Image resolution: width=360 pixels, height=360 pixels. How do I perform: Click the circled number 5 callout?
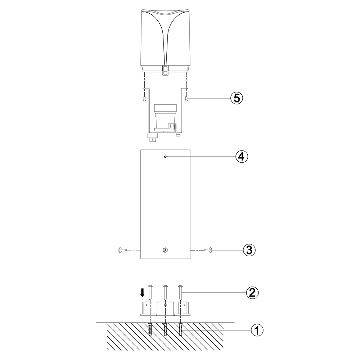[237, 98]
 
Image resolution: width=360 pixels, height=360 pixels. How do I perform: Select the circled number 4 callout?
[242, 157]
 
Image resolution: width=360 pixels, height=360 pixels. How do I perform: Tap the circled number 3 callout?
[249, 250]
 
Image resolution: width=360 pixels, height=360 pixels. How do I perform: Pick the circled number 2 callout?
[252, 293]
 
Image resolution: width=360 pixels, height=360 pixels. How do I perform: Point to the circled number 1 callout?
[257, 330]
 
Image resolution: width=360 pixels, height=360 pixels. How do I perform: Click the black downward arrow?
[142, 293]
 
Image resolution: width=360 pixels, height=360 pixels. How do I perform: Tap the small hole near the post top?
[165, 157]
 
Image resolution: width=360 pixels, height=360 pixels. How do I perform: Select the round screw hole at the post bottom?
[165, 250]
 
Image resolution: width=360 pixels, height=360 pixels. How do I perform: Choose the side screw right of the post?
[208, 250]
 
